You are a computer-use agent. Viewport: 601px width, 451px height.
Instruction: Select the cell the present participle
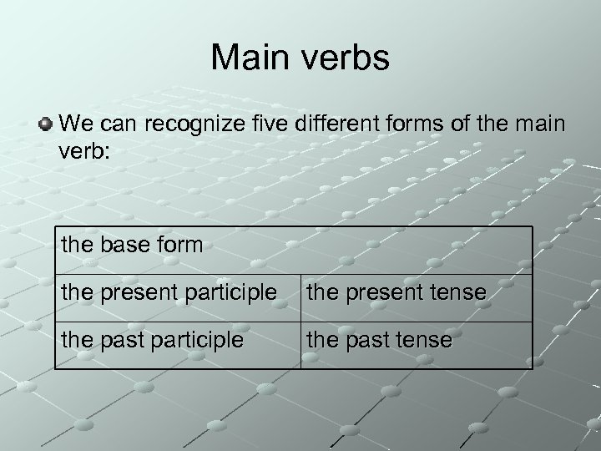[x=177, y=293]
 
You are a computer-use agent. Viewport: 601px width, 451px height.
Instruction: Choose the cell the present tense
[x=416, y=293]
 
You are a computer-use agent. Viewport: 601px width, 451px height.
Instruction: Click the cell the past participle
[x=177, y=341]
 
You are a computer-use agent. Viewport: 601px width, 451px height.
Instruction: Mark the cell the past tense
[x=416, y=341]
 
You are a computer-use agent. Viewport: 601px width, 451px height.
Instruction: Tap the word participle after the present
[x=234, y=293]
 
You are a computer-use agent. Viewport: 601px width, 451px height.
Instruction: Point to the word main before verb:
[x=543, y=125]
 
